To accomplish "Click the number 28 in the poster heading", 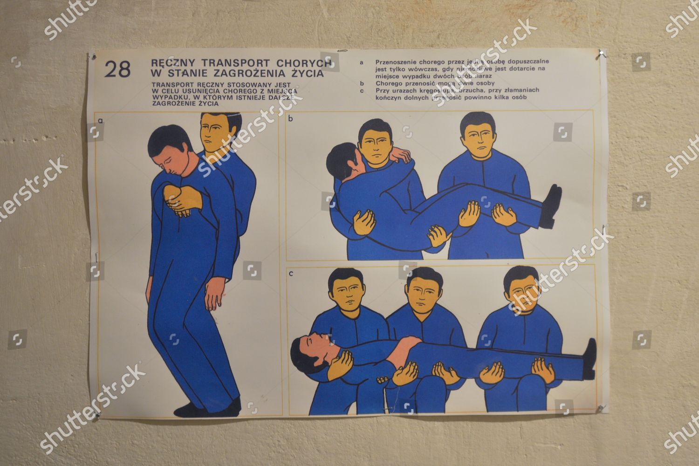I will click(x=117, y=69).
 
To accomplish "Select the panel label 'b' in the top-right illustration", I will click(x=291, y=119).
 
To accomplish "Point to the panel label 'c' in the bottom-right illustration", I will click(x=291, y=274).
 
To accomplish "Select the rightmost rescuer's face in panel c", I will click(x=522, y=294).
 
